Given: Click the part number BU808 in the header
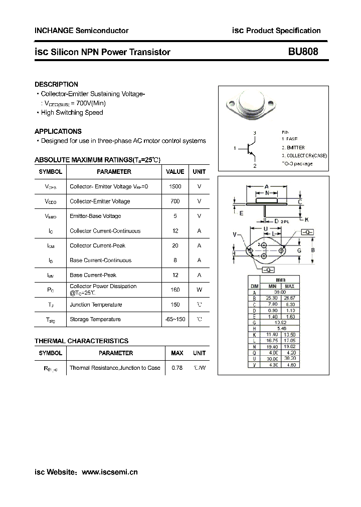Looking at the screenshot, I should pos(302,52).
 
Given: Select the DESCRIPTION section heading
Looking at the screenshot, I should pos(56,85).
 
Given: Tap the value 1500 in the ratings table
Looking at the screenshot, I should pos(175,186).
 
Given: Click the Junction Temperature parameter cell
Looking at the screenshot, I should pos(96,305).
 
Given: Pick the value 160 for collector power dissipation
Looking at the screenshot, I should pos(175,289).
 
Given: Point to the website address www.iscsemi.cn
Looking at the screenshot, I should pos(109,472).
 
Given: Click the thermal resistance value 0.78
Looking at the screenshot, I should pos(177,368).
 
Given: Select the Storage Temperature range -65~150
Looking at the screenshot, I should pos(175,319).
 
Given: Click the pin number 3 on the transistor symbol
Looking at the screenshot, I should pos(255,133).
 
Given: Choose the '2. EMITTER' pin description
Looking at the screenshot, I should pos(293,148).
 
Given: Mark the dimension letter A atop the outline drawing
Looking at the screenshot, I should pos(267,186).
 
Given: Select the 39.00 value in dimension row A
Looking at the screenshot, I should pos(279,292).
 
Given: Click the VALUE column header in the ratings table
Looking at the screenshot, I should pos(175,171).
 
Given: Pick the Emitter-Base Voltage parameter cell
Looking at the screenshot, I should pos(95,216).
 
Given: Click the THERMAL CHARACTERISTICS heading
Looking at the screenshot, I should pos(81,341).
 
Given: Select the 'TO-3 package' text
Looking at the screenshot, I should pos(297,164).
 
